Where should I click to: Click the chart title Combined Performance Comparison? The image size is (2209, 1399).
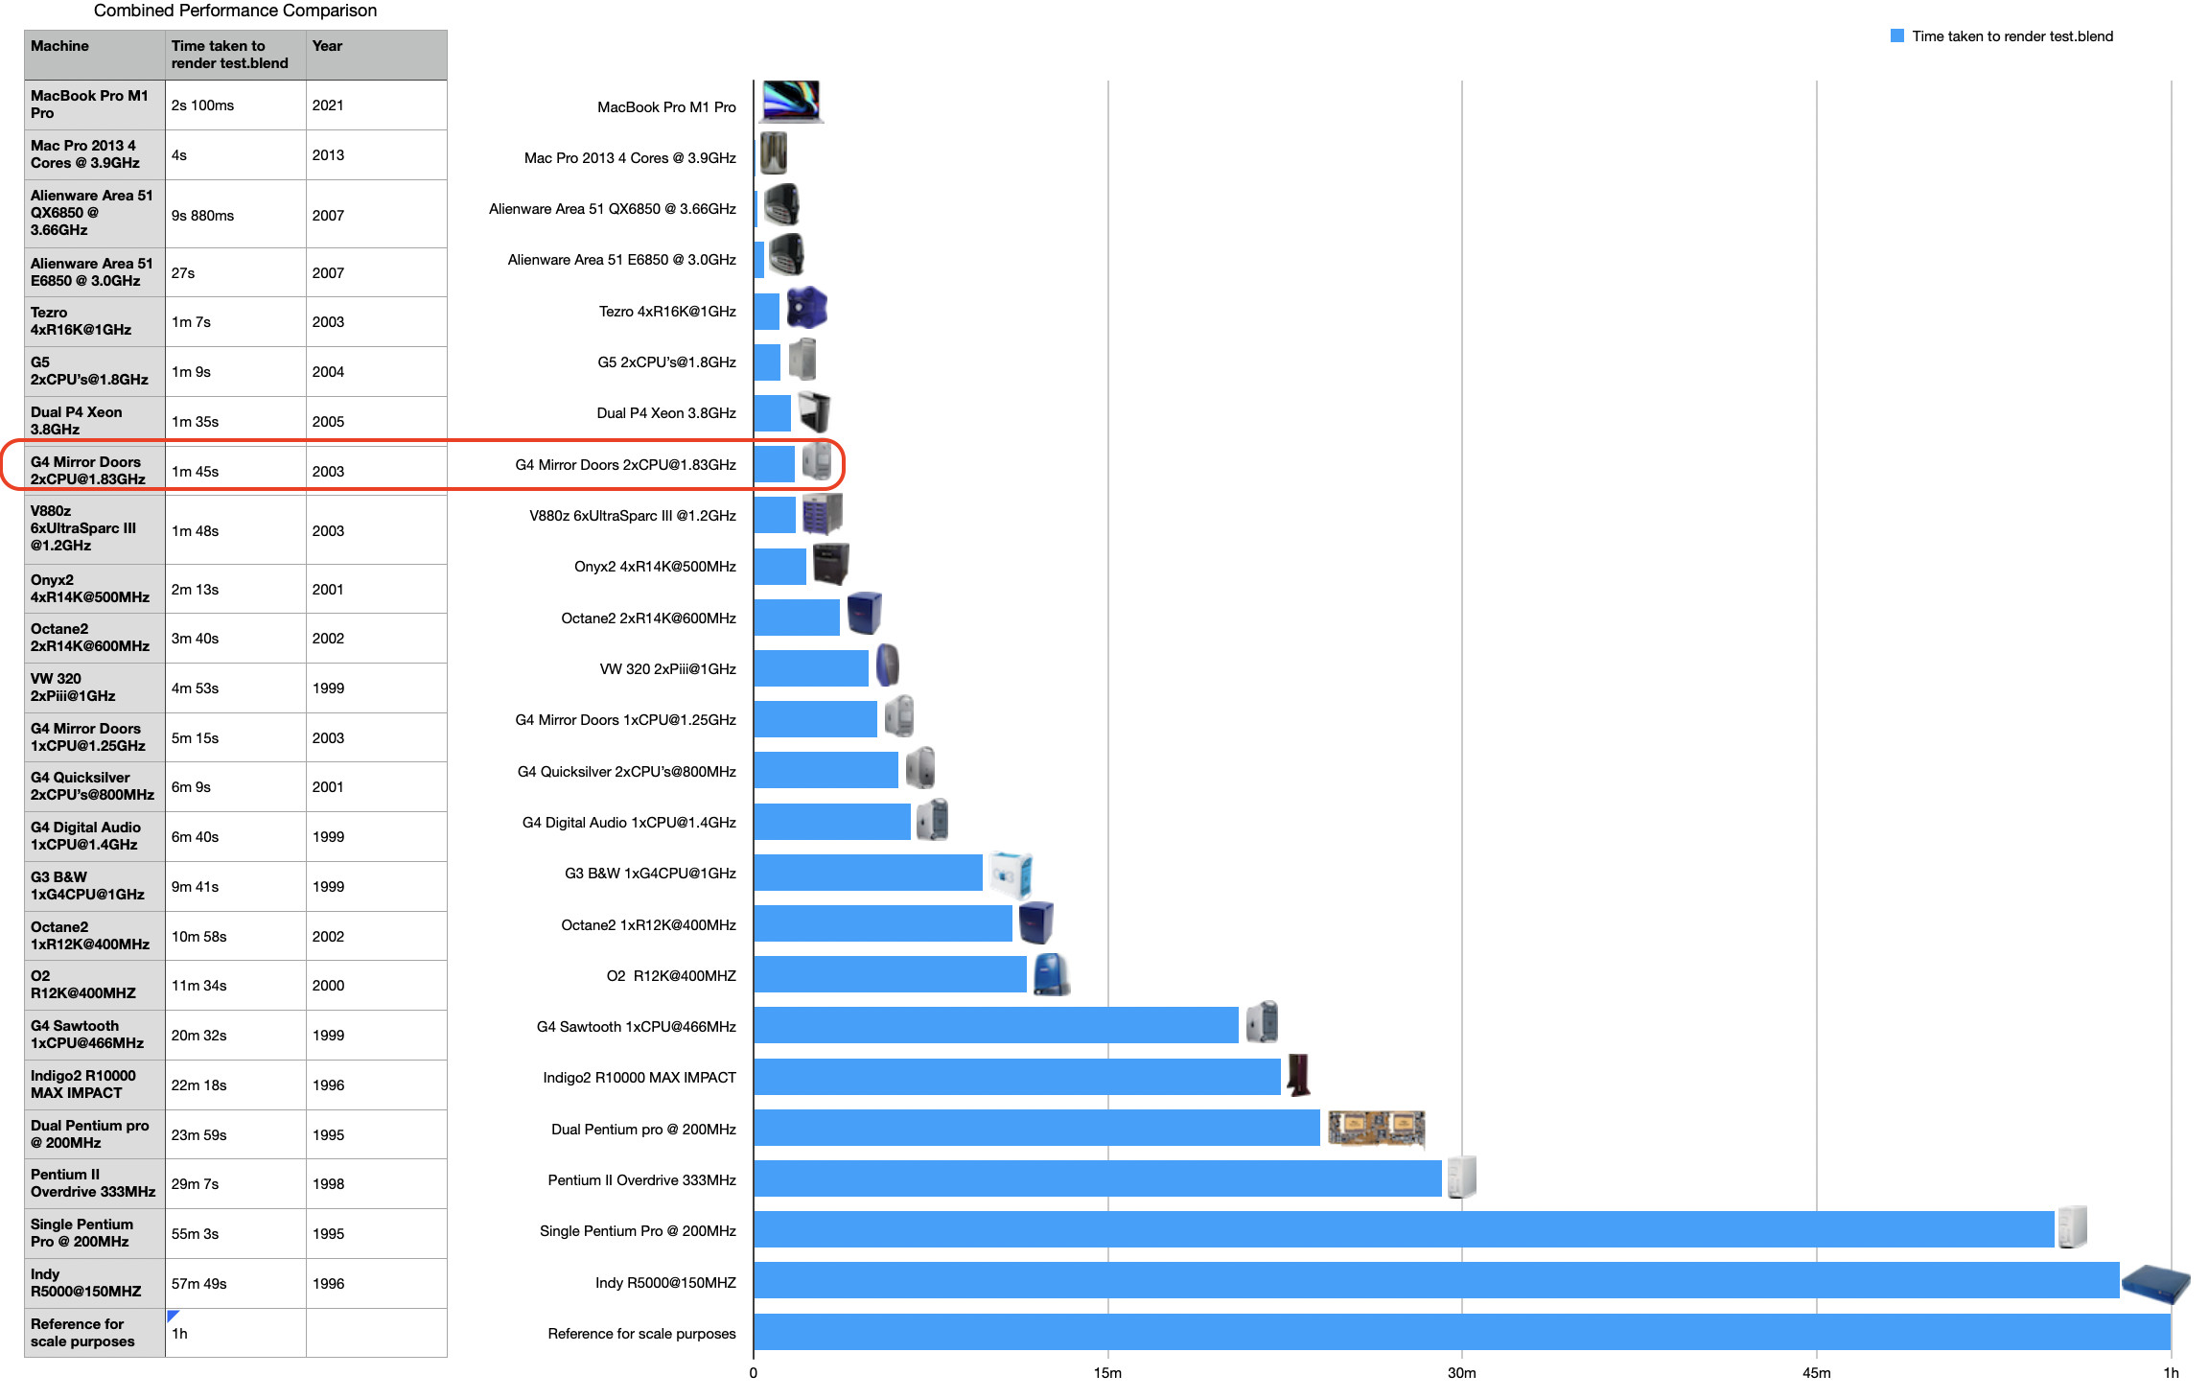tap(235, 11)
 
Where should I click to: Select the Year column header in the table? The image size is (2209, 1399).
tap(327, 46)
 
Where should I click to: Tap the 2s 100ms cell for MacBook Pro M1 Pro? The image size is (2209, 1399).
tap(202, 105)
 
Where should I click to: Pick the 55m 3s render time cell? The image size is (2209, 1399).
tap(195, 1234)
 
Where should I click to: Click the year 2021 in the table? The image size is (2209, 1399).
tap(328, 105)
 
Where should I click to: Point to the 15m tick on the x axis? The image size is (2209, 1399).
tap(1107, 1373)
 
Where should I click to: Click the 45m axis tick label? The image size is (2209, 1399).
tap(1816, 1373)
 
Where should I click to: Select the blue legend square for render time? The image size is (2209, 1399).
tap(1896, 36)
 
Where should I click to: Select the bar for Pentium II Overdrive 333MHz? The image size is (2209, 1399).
tap(1097, 1178)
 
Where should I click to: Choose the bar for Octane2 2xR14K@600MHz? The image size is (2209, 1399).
tap(796, 618)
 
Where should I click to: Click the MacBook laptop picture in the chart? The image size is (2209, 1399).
tap(791, 102)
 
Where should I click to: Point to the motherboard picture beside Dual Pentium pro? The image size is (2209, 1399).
tap(1376, 1128)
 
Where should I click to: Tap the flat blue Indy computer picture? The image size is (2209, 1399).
tap(2155, 1283)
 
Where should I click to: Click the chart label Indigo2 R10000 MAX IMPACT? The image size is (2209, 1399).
tap(639, 1078)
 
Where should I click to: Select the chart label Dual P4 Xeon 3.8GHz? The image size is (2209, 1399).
tap(666, 413)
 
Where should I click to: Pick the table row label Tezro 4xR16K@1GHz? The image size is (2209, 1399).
tap(81, 321)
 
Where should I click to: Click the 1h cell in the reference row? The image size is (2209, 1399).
tap(179, 1334)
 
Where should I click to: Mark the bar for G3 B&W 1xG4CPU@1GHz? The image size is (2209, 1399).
tap(868, 873)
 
